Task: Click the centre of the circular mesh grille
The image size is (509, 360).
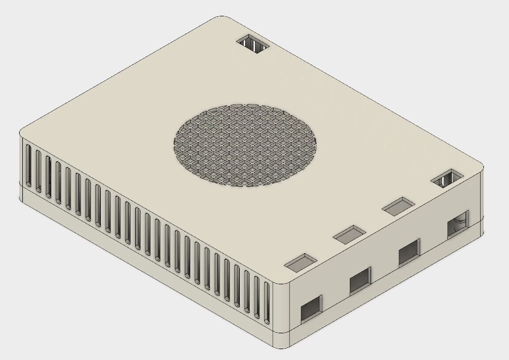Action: (x=246, y=145)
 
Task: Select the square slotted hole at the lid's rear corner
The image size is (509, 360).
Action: (x=253, y=44)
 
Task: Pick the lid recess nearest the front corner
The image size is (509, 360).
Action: (x=300, y=262)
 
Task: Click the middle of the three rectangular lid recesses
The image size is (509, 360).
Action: (x=349, y=234)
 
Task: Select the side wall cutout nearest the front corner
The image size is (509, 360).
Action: (x=312, y=309)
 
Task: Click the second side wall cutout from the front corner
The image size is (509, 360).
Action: (x=360, y=280)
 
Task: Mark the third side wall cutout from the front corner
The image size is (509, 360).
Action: (x=409, y=252)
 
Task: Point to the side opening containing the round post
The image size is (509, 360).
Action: (x=457, y=224)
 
